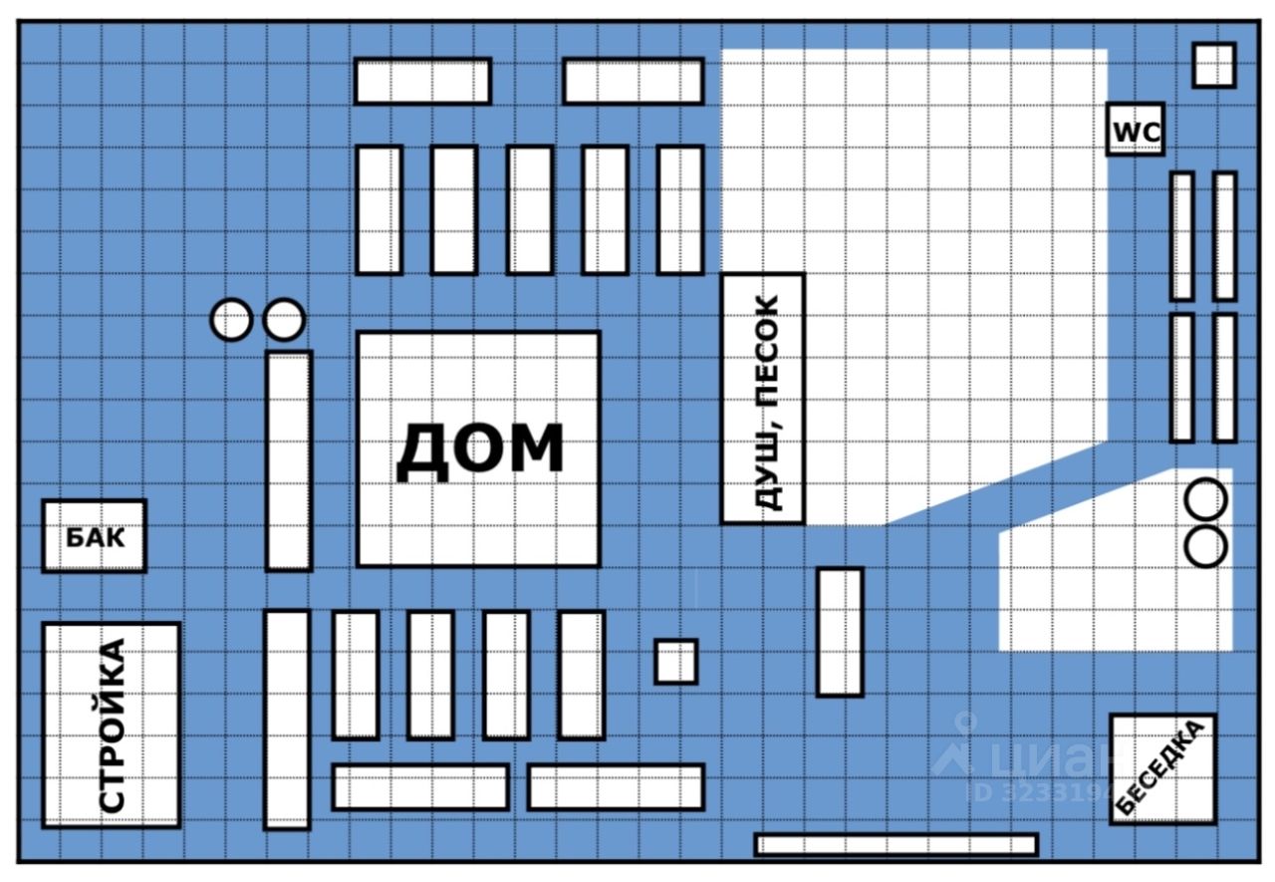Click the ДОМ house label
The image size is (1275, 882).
coord(479,450)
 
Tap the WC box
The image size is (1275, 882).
coord(1136,131)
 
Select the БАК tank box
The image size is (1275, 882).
coord(95,536)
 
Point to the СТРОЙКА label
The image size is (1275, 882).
coord(113,725)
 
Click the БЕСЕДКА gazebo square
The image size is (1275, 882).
coord(1162,768)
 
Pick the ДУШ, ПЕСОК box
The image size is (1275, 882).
coord(763,399)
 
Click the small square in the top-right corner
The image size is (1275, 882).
coord(1214,65)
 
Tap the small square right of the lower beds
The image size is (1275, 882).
coord(675,662)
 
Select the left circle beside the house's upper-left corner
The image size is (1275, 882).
coord(231,321)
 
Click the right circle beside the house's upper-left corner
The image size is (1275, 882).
coord(284,321)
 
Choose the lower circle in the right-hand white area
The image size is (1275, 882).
coord(1206,546)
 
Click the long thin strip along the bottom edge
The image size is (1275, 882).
coord(896,844)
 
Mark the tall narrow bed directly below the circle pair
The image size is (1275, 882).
coord(289,460)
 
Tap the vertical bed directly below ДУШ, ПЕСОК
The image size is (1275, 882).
coord(840,632)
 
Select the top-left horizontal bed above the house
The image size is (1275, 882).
coord(422,81)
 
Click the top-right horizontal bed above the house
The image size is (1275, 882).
coord(634,81)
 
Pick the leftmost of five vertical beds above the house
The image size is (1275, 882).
coord(380,209)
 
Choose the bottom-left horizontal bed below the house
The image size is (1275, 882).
coord(419,786)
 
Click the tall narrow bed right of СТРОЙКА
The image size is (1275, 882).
coord(287,719)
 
